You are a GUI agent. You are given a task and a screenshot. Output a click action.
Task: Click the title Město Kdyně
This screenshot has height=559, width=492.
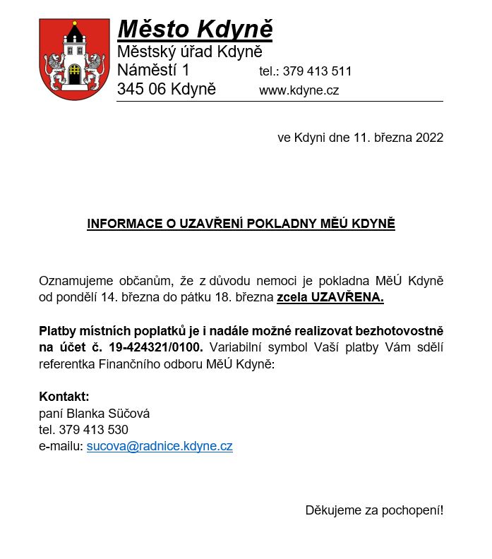coord(195,30)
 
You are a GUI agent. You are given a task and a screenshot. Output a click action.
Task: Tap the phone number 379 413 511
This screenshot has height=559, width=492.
coord(317,72)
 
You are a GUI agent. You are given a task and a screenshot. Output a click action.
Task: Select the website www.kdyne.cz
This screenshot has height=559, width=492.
coord(299,90)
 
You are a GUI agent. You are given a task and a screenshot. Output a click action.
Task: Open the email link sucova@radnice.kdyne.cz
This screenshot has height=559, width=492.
coord(160,446)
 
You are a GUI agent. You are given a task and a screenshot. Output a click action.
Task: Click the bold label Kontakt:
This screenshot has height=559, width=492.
coord(64,396)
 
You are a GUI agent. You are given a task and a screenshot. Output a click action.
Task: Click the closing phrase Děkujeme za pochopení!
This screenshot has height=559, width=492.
coord(374,510)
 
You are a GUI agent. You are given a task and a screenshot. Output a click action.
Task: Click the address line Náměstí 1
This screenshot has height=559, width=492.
coord(153,71)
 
